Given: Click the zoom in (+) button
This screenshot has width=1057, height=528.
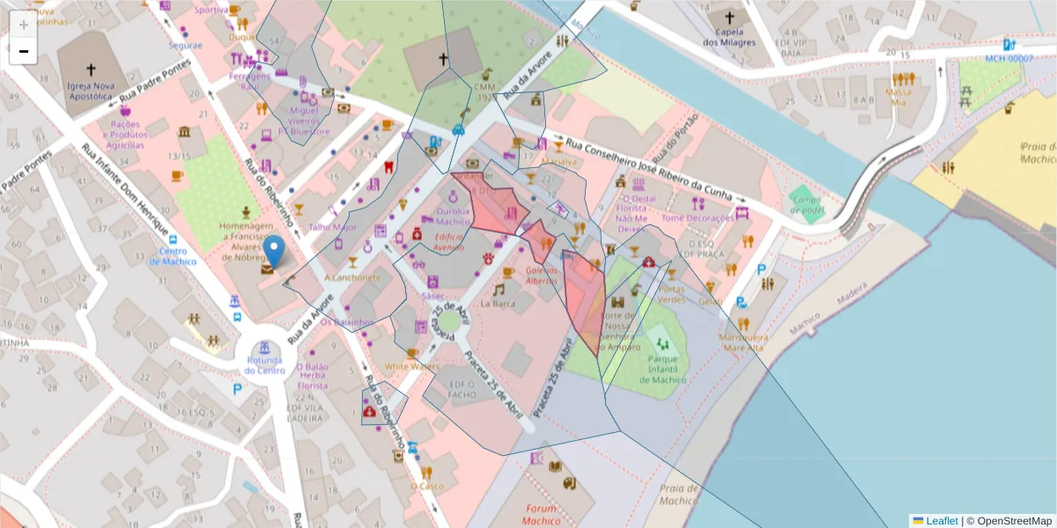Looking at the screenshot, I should (x=23, y=25).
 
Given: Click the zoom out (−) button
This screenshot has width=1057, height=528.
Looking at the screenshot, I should (x=23, y=51).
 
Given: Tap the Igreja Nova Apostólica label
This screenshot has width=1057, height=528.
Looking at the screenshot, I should (x=91, y=92).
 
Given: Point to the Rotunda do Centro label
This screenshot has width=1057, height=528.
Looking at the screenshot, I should (x=265, y=364).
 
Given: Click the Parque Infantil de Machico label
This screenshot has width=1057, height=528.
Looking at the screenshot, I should (x=667, y=370).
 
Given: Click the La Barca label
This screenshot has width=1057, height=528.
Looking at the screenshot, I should (x=498, y=304).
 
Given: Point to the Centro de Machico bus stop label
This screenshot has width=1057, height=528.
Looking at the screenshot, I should (x=172, y=256).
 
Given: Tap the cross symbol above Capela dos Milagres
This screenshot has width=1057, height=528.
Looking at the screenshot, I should (x=728, y=18).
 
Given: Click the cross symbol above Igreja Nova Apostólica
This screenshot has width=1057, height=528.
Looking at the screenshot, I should (x=91, y=69).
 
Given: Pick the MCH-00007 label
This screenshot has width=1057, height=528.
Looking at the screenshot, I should (x=1009, y=58).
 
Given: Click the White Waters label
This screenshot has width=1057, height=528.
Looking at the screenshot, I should (x=410, y=366).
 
